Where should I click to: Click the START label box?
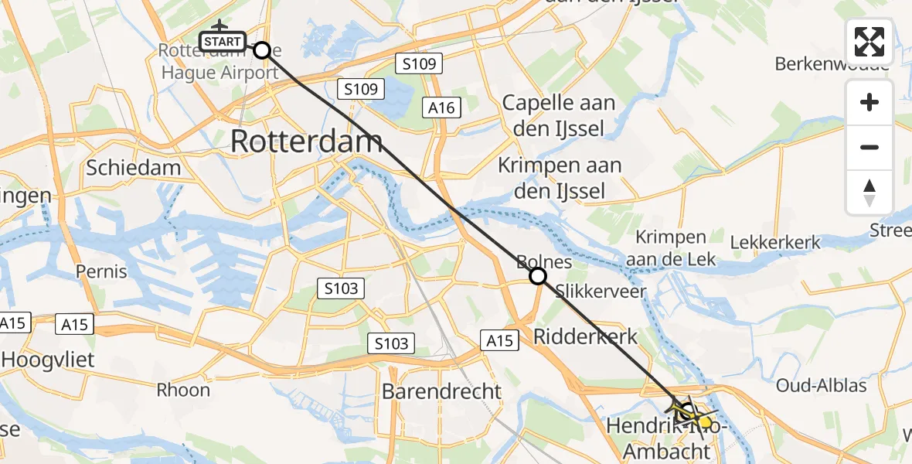tap(223, 41)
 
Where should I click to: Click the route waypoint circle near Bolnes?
tap(538, 276)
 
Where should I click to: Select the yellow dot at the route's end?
tap(705, 422)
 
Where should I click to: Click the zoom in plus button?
tap(869, 102)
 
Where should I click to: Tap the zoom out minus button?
tap(869, 147)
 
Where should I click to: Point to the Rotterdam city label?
tap(306, 142)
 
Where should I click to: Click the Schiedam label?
tap(134, 168)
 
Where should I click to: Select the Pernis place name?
tap(101, 271)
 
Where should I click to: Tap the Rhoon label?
tap(183, 389)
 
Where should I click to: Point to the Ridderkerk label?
tap(586, 336)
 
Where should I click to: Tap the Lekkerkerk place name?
tap(774, 243)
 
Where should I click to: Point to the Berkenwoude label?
tap(832, 63)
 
